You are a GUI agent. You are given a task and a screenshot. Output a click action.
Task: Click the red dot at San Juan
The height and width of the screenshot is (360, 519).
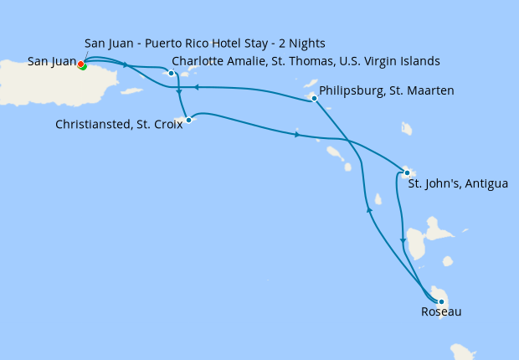[80, 64]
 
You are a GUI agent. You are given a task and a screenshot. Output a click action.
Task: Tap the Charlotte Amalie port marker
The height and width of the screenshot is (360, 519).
[172, 73]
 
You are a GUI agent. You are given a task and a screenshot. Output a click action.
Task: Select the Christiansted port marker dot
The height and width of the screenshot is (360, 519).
[188, 120]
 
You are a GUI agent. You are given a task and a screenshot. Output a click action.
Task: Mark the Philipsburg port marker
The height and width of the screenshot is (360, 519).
[314, 99]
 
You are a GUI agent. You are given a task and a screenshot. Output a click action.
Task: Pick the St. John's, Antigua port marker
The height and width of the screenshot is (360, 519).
[407, 173]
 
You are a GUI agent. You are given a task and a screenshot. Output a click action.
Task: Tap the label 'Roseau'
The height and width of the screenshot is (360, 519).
[441, 312]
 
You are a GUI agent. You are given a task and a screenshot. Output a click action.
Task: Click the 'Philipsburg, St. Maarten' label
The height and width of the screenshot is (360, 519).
[387, 90]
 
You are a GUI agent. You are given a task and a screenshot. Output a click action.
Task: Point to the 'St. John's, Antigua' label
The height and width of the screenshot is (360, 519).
[457, 183]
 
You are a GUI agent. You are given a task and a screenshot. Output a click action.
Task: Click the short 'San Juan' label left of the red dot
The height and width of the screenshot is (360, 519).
[51, 61]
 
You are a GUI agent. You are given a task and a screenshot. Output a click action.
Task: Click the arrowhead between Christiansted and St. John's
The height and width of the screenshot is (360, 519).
[296, 135]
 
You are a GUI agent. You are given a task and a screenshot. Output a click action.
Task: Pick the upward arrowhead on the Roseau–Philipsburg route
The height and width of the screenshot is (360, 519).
[368, 210]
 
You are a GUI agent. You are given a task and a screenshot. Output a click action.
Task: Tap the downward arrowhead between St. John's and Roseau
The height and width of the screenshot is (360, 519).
[403, 241]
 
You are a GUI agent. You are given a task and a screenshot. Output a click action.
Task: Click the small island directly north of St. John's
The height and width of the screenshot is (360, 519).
[407, 129]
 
